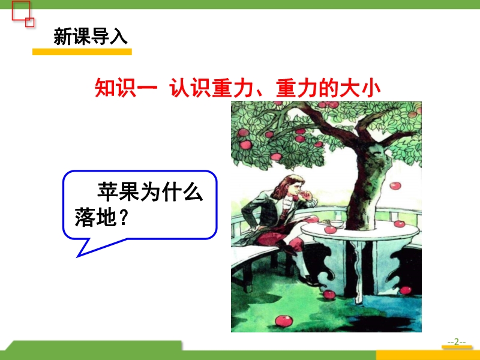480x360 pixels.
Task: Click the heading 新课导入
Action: (91, 37)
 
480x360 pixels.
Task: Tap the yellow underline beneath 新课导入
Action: (82, 52)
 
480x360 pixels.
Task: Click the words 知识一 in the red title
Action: (126, 88)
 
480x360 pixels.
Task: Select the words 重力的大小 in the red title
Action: (328, 88)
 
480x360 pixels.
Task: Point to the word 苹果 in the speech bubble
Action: (118, 192)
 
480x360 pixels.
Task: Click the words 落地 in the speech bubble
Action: (95, 217)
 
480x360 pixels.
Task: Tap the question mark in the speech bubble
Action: (122, 217)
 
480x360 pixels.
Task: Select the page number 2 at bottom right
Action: (457, 341)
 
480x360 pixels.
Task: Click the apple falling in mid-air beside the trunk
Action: (395, 185)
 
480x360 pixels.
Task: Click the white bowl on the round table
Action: (337, 224)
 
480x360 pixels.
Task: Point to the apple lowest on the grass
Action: (284, 321)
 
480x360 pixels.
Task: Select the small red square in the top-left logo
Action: (29, 22)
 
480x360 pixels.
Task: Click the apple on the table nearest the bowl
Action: (331, 229)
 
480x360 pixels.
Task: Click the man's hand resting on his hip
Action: (257, 228)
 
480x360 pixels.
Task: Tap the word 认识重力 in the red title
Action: (212, 88)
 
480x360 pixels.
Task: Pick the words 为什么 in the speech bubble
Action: (172, 192)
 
